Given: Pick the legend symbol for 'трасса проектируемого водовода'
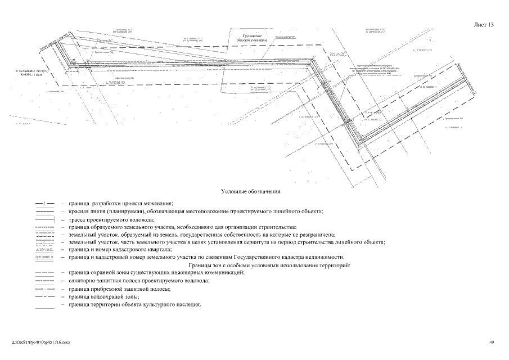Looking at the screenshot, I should point(44,219).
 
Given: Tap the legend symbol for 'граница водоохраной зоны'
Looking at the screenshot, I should point(44,296).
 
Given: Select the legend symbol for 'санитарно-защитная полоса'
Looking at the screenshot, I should point(44,280).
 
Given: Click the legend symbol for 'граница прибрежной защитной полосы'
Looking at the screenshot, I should point(44,288).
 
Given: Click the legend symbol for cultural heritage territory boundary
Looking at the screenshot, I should point(44,304).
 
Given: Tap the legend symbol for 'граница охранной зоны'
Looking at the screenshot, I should point(44,272).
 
